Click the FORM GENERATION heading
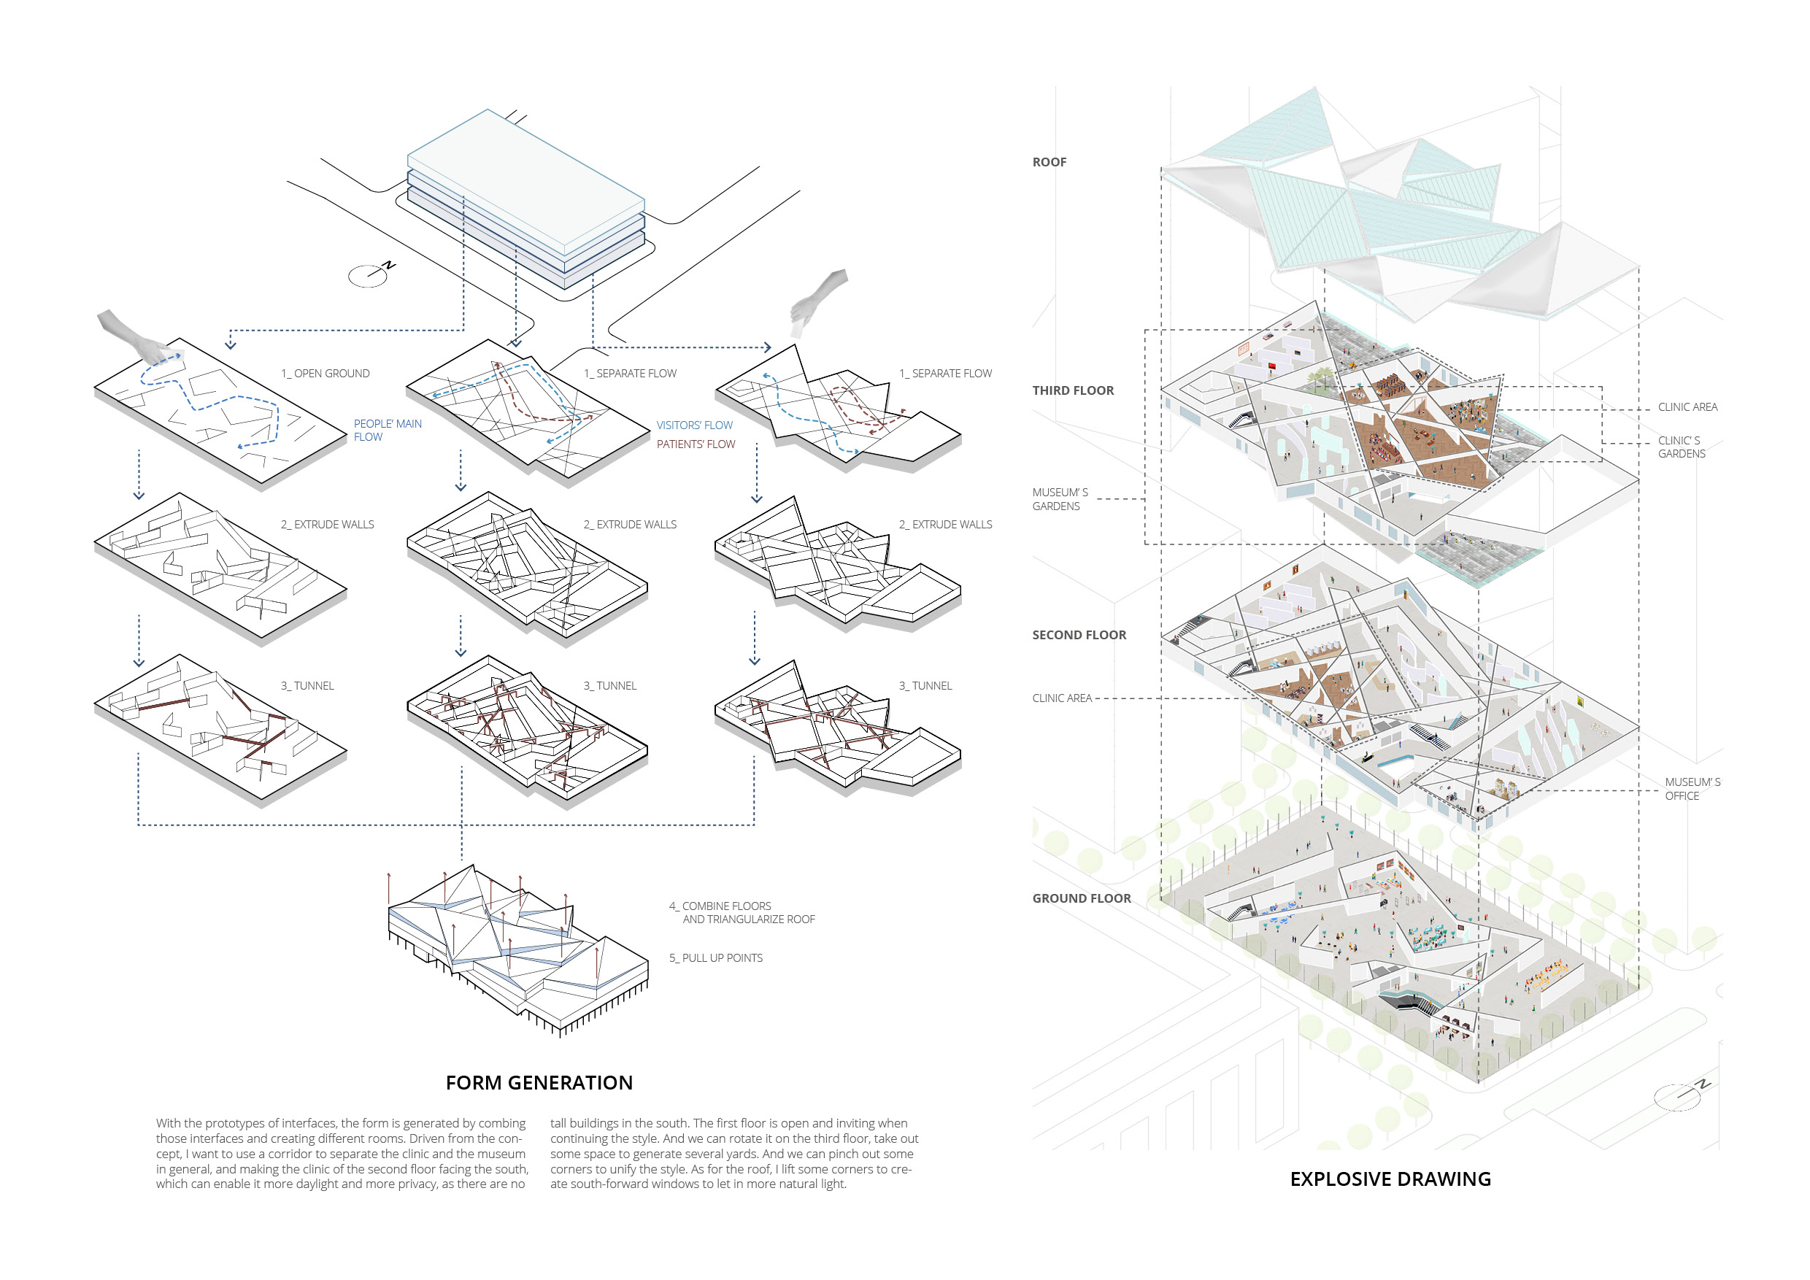pos(539,1082)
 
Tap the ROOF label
pos(1049,162)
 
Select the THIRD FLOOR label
pos(1072,390)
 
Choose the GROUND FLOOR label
pos(1081,898)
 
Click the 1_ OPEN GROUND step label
pos(325,374)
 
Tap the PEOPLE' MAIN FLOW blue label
pos(387,430)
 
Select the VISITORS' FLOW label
pos(694,425)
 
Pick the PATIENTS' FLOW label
pos(696,444)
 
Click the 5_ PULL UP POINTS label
pos(716,957)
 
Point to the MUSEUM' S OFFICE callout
pos(1692,788)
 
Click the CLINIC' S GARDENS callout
pos(1681,447)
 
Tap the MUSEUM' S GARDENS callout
pos(1060,499)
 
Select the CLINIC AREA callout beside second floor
pos(1061,698)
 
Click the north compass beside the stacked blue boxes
pos(371,274)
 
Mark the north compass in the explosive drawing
pos(1680,1095)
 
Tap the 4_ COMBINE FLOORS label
pos(741,912)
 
